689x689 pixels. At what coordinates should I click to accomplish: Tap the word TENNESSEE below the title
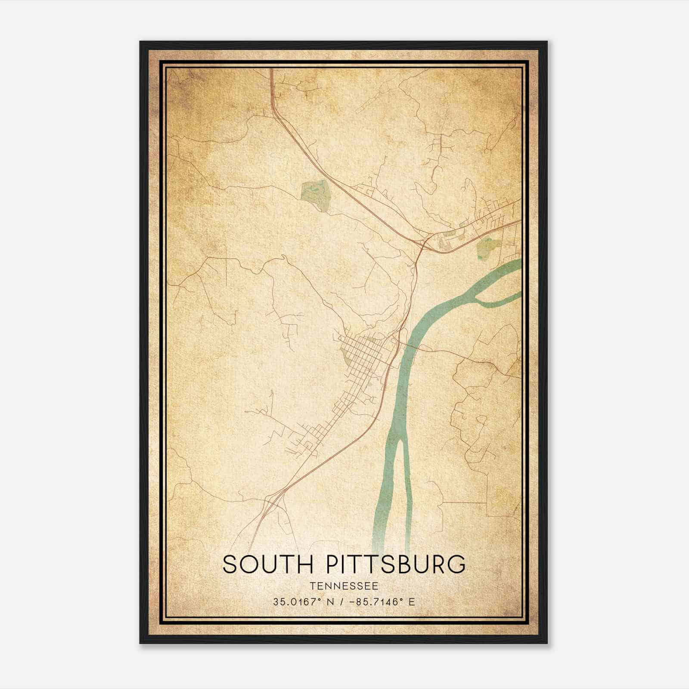[344, 586]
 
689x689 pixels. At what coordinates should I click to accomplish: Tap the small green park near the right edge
[488, 248]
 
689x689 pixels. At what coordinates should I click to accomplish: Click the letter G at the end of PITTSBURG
[456, 564]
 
